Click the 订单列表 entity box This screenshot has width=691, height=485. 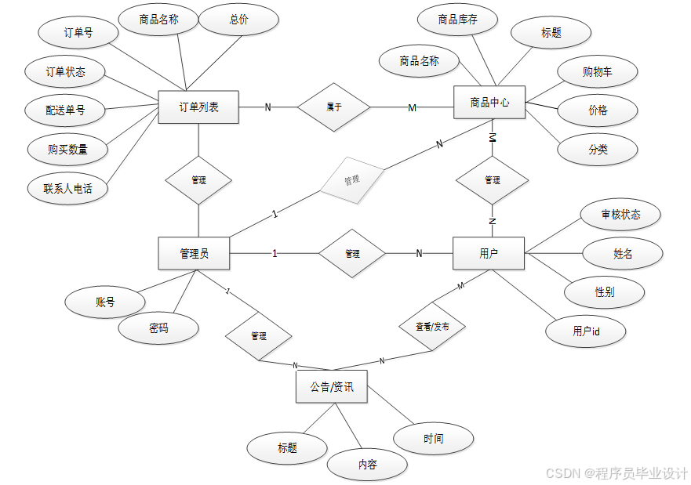pyautogui.click(x=198, y=107)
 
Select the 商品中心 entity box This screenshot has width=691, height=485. pyautogui.click(x=489, y=103)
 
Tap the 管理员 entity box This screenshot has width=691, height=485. pyautogui.click(x=194, y=254)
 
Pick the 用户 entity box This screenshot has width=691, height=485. pyautogui.click(x=489, y=254)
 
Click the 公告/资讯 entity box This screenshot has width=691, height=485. pyautogui.click(x=331, y=387)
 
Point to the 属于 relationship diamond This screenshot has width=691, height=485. pyautogui.click(x=334, y=107)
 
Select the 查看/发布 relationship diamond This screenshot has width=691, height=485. pyautogui.click(x=432, y=325)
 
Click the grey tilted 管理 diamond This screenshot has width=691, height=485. pyautogui.click(x=351, y=180)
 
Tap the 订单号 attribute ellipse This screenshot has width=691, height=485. pyautogui.click(x=78, y=33)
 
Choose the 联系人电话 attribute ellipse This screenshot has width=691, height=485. pyautogui.click(x=67, y=188)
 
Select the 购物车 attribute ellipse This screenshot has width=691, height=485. pyautogui.click(x=598, y=72)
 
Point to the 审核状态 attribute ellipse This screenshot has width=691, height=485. pyautogui.click(x=620, y=215)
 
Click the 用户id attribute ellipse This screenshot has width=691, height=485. pyautogui.click(x=586, y=331)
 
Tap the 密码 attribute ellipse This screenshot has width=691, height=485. pyautogui.click(x=158, y=328)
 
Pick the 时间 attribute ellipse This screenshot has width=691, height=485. pyautogui.click(x=433, y=439)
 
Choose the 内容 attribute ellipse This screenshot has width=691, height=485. pyautogui.click(x=367, y=465)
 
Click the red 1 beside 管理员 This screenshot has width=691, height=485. pyautogui.click(x=275, y=254)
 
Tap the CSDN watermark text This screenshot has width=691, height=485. pyautogui.click(x=616, y=473)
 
